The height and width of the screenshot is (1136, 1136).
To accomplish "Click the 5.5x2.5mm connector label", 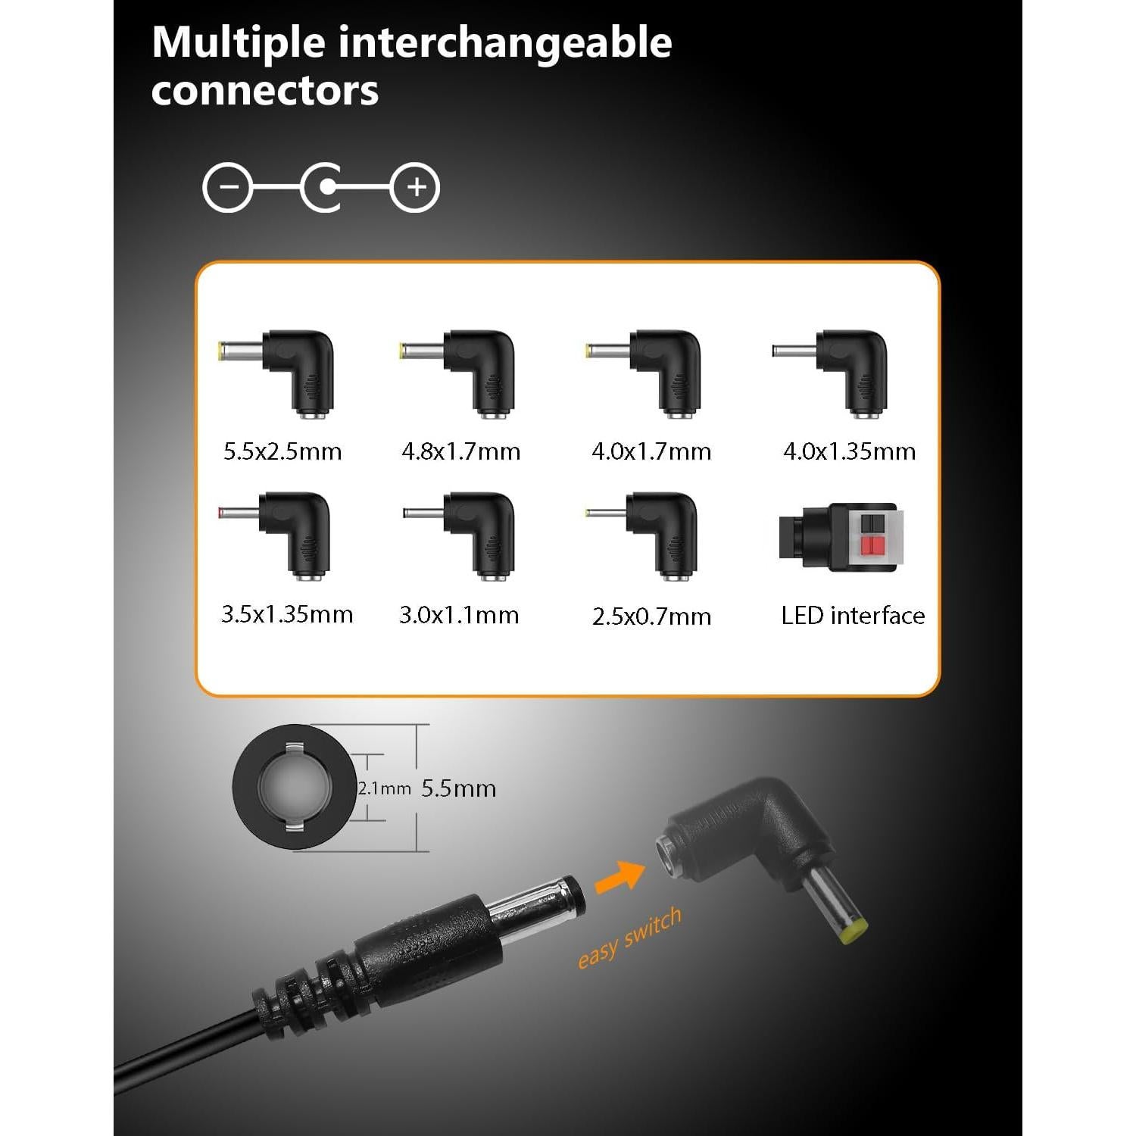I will point(282,452).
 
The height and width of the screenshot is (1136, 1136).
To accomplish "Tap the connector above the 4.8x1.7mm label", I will point(470,371).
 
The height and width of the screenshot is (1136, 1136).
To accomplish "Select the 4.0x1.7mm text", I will point(651,452).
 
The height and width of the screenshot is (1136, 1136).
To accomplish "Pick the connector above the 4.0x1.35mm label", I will point(841,371).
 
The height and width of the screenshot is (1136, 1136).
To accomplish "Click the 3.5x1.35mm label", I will point(287,614).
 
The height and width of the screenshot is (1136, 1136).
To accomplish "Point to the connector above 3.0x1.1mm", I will point(470,534).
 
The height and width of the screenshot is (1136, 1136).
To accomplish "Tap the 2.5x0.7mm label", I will point(651,616).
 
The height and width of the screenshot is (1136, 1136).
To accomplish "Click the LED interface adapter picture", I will point(841,537).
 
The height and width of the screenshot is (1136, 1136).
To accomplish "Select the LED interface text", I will point(853,616).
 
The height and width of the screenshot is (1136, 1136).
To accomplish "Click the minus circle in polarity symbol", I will point(228,187).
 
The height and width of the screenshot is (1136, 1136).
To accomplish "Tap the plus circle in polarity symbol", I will point(415,187).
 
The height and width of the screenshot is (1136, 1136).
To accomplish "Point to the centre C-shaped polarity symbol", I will point(323,187).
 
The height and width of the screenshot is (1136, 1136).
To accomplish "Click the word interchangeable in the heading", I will point(504,42).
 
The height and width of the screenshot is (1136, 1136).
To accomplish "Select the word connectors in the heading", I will point(264,91).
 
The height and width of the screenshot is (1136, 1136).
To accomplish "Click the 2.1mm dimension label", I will point(384,788).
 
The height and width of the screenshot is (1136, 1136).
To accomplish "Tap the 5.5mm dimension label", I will point(458,788).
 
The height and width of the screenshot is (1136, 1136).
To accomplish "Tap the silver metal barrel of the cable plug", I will point(534,905).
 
